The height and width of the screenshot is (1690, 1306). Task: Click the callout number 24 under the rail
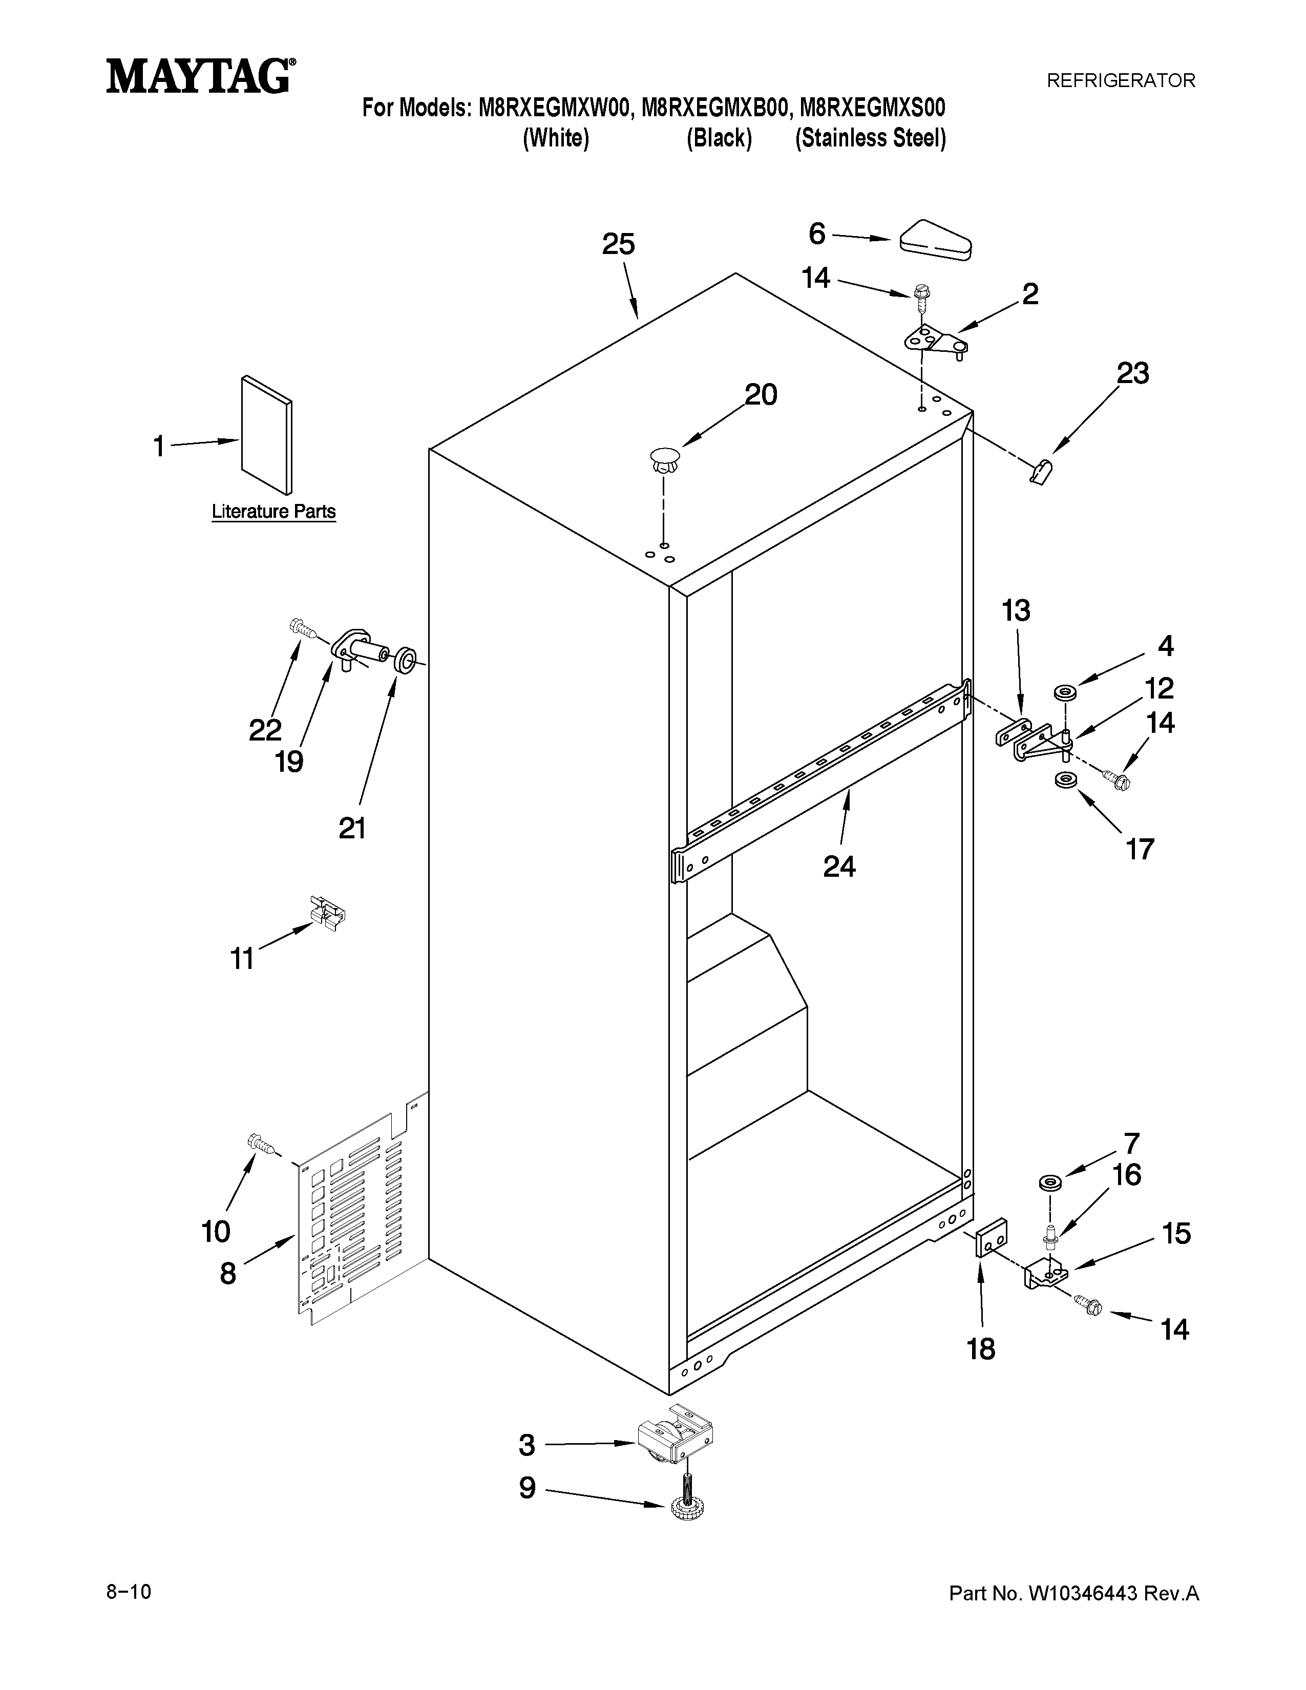click(x=839, y=867)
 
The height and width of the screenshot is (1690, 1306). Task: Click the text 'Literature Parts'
click(x=274, y=512)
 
